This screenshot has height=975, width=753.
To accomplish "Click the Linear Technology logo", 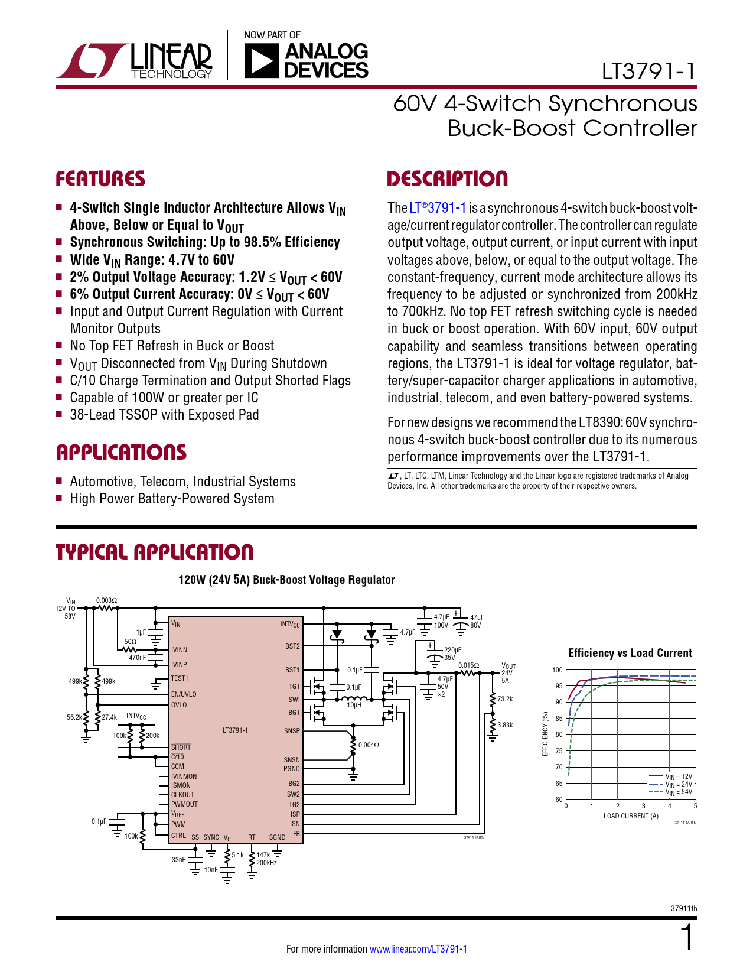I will point(134,60).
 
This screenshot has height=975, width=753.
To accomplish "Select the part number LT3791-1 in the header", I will point(648,71).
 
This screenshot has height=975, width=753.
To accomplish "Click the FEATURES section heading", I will point(100,179).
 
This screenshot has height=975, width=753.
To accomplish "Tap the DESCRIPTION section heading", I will point(447,179).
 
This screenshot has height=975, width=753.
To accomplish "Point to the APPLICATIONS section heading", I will point(121,453).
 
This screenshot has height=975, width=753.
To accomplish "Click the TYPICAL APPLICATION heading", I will point(154,552).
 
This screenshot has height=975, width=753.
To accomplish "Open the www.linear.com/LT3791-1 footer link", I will point(418,949).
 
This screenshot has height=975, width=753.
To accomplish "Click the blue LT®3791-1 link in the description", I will point(438,208).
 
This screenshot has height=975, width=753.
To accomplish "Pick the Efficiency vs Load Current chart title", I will point(630,653).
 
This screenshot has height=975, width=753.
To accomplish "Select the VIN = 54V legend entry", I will point(679,792).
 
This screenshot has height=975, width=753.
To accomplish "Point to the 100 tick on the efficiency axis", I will point(558,670).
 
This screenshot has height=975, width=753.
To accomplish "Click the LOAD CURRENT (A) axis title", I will point(631,816).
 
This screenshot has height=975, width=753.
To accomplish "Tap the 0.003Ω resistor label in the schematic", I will point(107,600).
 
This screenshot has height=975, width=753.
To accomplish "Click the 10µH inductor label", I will point(354,705).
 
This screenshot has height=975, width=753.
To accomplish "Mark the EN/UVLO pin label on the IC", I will point(184,694).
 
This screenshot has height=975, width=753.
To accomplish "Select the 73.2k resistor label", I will point(505,699).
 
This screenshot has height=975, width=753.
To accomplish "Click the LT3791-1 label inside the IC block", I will point(235,730).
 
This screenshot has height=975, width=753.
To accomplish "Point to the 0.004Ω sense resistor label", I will point(369,745).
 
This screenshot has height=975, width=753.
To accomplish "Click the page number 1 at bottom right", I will point(687,938).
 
